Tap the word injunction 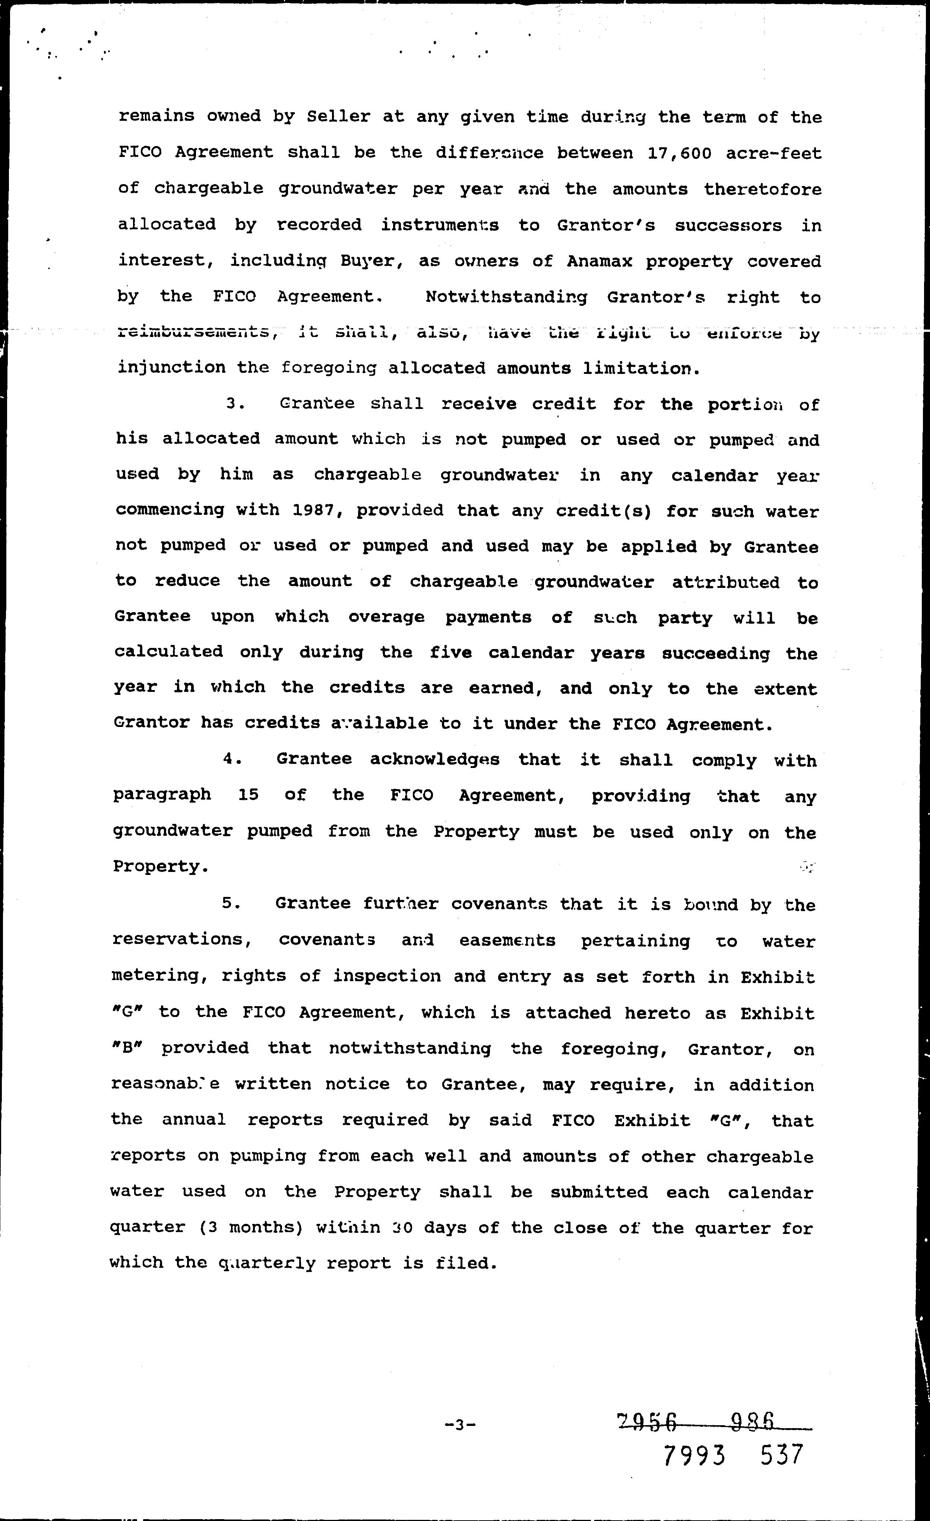tap(171, 368)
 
